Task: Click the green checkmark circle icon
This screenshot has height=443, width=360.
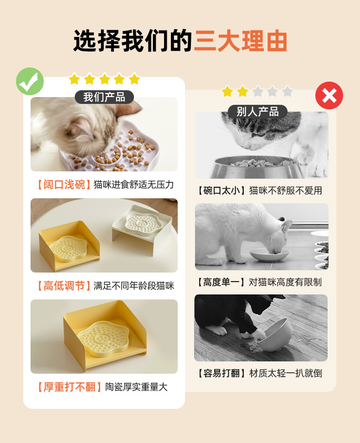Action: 30,81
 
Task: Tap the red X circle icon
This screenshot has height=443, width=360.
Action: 329,96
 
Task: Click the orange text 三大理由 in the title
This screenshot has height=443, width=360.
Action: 241,41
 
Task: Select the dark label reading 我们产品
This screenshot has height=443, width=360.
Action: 104,97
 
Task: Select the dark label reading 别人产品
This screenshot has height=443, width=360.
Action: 257,112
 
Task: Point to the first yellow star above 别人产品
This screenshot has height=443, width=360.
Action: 227,92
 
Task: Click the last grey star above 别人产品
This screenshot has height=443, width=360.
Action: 287,92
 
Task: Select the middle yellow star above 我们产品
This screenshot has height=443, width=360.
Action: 104,79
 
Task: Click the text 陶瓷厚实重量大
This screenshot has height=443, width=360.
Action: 136,387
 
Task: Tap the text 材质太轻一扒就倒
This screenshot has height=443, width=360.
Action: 285,373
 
